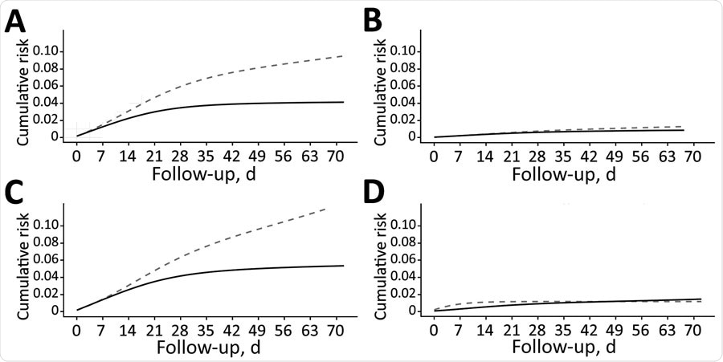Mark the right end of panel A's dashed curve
[x=343, y=55]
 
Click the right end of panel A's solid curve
[x=343, y=102]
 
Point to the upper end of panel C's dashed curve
[x=326, y=209]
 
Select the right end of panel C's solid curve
[x=344, y=266]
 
